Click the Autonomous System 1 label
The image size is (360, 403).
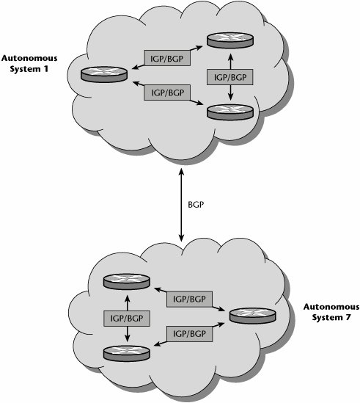click(29, 63)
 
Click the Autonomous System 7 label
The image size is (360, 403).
click(331, 312)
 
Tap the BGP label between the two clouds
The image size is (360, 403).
click(196, 205)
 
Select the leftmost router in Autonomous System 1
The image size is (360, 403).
click(104, 74)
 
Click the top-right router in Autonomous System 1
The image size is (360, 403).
click(230, 40)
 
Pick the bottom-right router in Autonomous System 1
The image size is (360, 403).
click(230, 112)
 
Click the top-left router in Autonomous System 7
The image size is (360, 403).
click(126, 282)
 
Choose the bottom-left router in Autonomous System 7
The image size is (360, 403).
click(126, 353)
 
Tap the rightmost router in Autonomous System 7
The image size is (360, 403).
click(253, 316)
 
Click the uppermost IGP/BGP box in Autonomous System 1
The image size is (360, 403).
click(167, 58)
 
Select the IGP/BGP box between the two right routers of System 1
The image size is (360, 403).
click(230, 77)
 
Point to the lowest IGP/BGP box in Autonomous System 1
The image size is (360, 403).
click(167, 92)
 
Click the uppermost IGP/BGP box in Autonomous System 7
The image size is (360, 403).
click(189, 299)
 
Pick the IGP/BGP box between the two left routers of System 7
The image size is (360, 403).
click(127, 319)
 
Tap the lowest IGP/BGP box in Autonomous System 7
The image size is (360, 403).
click(189, 334)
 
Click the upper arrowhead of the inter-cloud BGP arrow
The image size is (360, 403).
click(182, 171)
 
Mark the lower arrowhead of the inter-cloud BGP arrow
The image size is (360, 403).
click(182, 239)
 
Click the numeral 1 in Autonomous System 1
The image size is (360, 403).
click(45, 70)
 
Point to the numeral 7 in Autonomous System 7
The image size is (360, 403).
click(348, 318)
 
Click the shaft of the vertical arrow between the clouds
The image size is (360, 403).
click(182, 205)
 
